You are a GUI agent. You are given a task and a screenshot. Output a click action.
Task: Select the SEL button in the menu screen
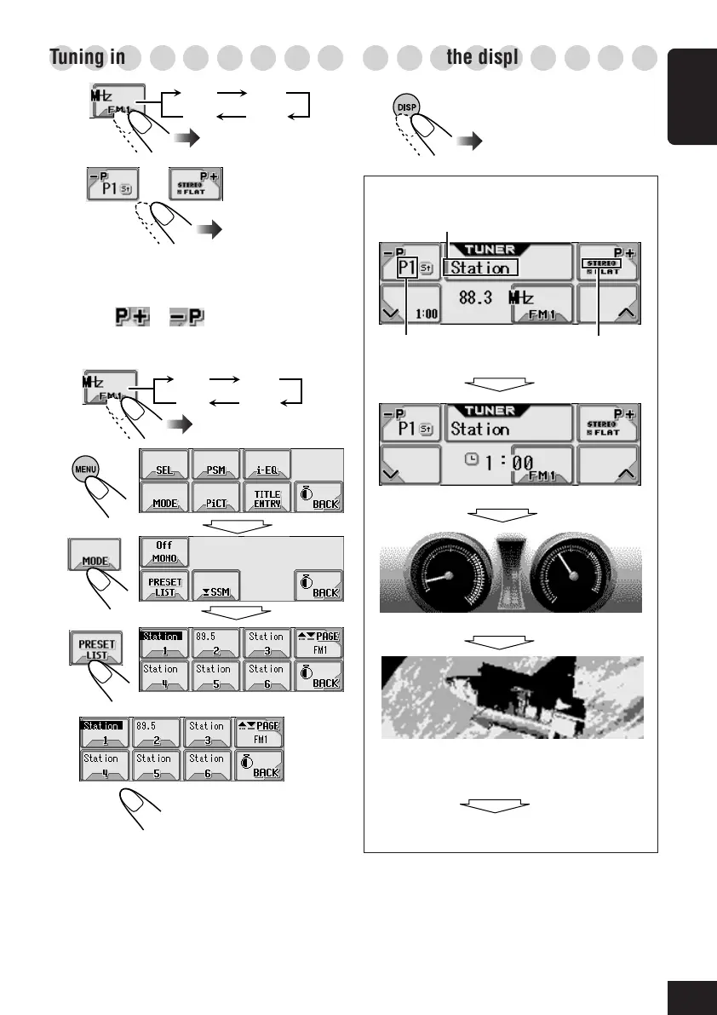click(162, 465)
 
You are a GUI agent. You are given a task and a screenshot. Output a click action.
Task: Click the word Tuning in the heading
click(74, 58)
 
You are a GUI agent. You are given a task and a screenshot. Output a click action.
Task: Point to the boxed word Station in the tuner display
click(479, 268)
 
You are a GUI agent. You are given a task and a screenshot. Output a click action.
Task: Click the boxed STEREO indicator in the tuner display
click(601, 264)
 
